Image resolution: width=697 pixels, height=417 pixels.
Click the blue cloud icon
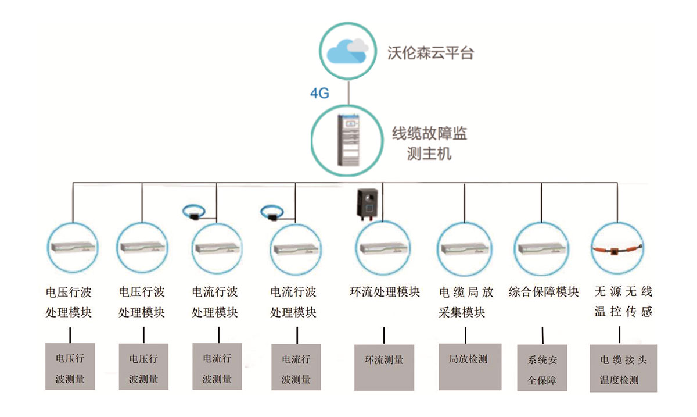(x=347, y=52)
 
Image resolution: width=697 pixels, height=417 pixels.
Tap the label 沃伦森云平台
(x=430, y=53)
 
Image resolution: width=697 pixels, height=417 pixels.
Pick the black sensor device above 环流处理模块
(x=368, y=204)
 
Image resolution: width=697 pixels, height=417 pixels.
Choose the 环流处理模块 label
(x=385, y=291)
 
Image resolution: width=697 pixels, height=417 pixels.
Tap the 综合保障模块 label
(x=543, y=291)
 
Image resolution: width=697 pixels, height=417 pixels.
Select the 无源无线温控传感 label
(x=623, y=302)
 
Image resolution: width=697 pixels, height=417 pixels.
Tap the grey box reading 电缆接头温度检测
(x=623, y=369)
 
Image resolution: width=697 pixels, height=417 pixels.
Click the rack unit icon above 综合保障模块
(x=542, y=248)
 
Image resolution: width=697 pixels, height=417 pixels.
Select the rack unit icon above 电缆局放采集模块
(x=464, y=248)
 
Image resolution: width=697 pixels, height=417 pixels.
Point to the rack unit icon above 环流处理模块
(x=383, y=248)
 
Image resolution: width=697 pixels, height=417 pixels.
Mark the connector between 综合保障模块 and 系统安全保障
(x=542, y=335)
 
